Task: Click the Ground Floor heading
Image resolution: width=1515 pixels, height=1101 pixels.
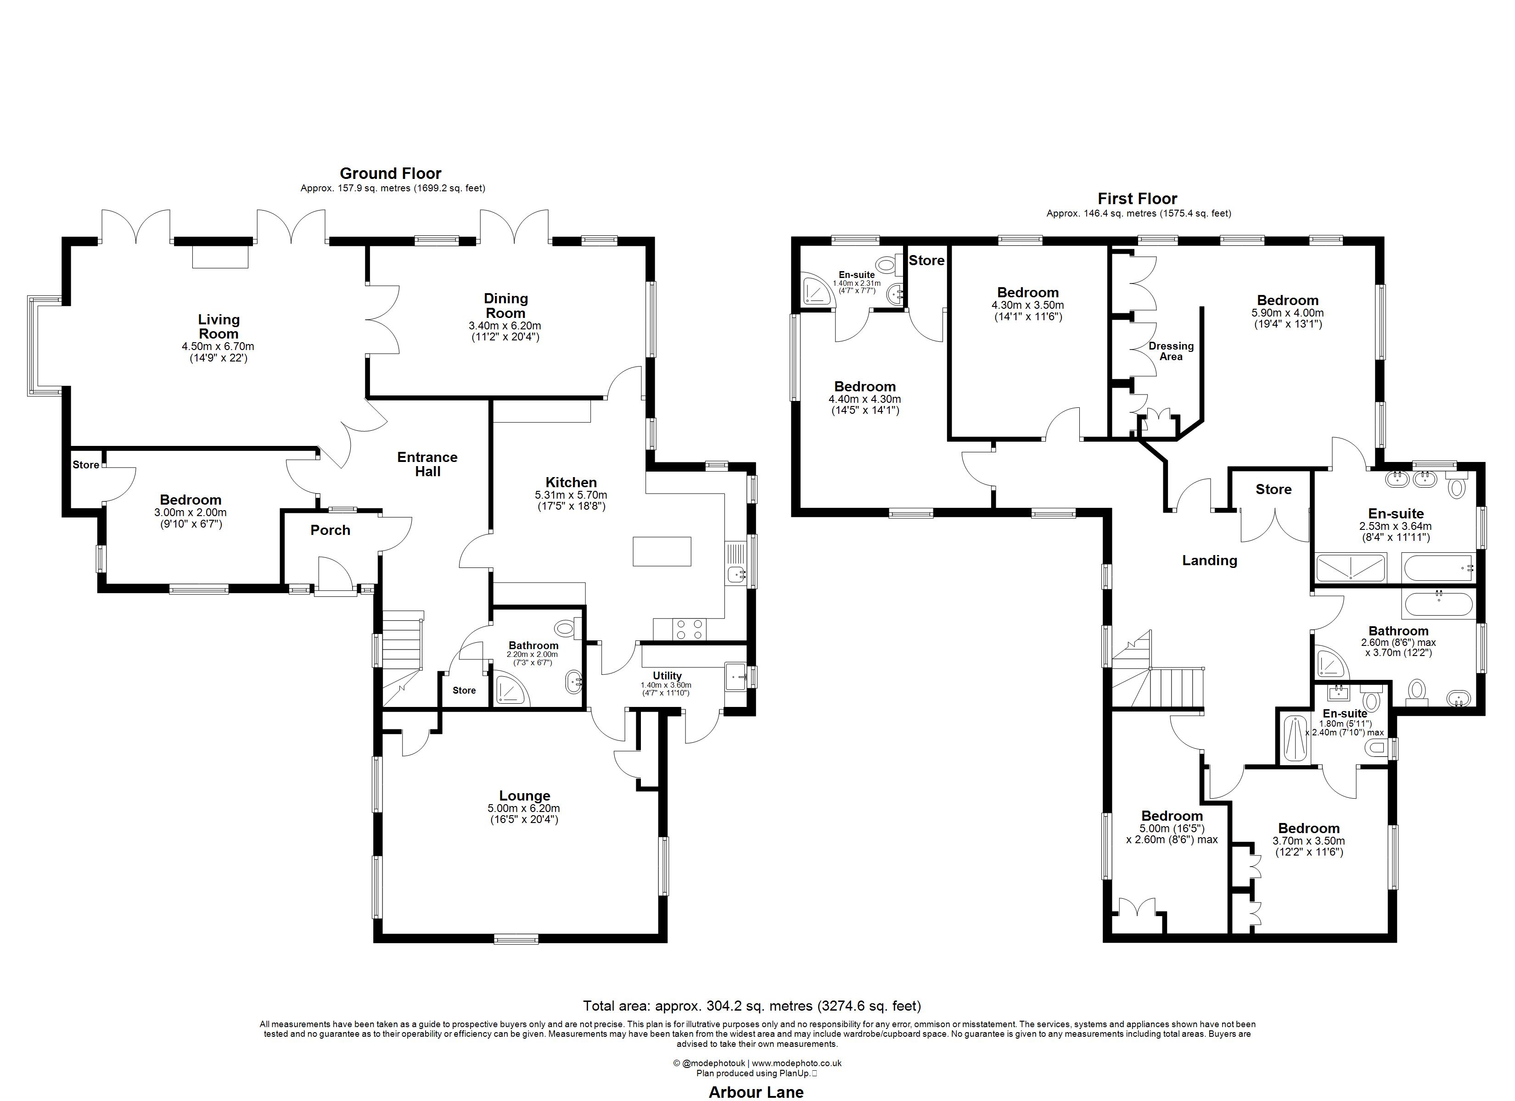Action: (390, 173)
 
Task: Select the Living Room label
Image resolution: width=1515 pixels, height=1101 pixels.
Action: (219, 327)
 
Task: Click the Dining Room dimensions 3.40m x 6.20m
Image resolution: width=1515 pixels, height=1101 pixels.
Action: (505, 326)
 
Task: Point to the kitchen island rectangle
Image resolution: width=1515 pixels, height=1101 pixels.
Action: (661, 551)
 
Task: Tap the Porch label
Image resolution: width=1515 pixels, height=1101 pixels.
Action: (330, 530)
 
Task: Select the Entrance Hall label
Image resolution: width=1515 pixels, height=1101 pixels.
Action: (427, 464)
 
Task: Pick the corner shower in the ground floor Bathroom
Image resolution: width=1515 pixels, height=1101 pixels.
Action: (511, 691)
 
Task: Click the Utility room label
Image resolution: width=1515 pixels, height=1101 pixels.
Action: (667, 676)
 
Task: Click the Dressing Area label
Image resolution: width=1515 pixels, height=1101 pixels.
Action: (1171, 351)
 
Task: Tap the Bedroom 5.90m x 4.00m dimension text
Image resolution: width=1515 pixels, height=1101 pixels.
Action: (1287, 312)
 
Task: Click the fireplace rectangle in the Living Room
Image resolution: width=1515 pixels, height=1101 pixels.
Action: (220, 256)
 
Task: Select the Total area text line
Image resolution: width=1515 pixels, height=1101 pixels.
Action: (752, 1006)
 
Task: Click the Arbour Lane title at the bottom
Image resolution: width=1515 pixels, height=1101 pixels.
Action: (756, 1092)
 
